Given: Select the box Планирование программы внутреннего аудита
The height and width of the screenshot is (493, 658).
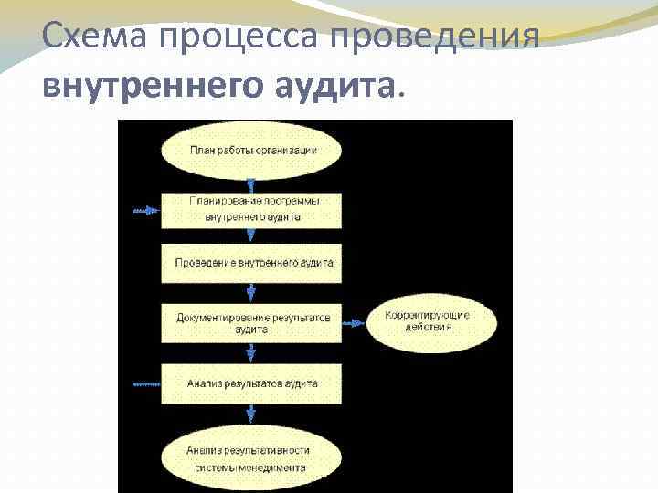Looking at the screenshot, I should click(252, 209).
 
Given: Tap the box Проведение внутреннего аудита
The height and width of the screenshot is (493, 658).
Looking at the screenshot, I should click(252, 262).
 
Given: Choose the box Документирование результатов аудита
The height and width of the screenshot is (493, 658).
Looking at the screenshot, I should click(252, 321).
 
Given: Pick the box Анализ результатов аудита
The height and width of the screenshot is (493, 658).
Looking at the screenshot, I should click(252, 384).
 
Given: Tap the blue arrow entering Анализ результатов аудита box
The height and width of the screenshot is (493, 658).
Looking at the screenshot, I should click(144, 384).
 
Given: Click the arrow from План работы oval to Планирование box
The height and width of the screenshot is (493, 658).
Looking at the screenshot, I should click(252, 184).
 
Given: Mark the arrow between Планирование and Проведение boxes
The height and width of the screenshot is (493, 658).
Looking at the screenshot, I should click(252, 236).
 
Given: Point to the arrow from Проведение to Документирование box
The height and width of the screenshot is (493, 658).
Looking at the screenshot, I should click(252, 291).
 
